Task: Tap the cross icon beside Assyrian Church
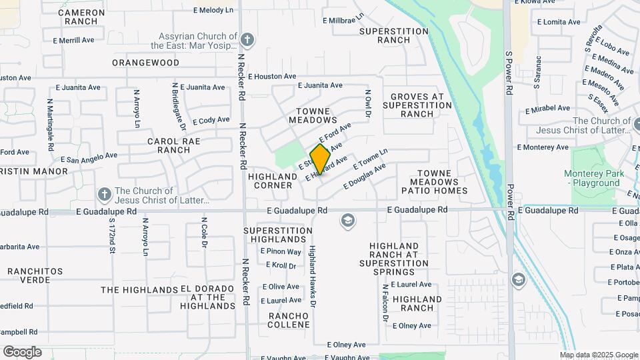tap(247, 40)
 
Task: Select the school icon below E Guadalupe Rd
tap(347, 221)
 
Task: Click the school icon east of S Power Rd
tap(519, 279)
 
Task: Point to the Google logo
tap(22, 352)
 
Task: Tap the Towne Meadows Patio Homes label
tap(434, 182)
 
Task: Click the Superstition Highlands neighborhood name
tap(278, 235)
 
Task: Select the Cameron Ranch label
tap(81, 17)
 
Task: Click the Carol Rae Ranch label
tap(169, 146)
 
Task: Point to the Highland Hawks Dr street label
tap(311, 276)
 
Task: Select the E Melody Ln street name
tap(213, 11)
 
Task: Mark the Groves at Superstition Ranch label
tap(417, 105)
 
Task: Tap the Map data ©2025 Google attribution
tap(599, 355)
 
